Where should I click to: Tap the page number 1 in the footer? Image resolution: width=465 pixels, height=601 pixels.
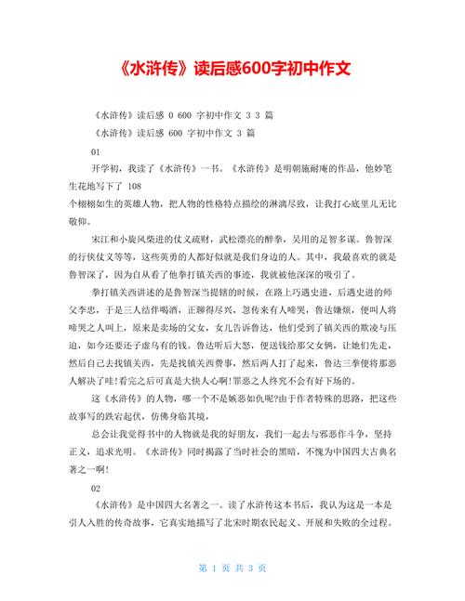[x=214, y=568]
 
